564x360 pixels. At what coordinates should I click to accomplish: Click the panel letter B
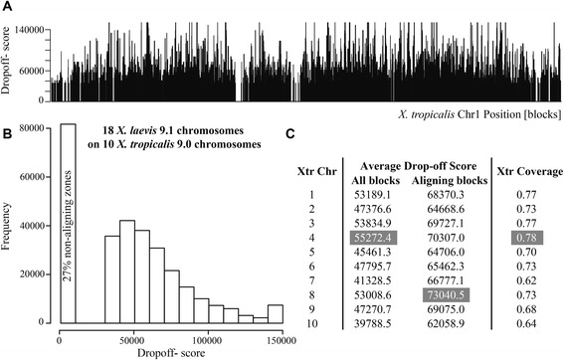(8, 126)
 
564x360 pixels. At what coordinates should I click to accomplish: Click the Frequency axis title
(10, 225)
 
